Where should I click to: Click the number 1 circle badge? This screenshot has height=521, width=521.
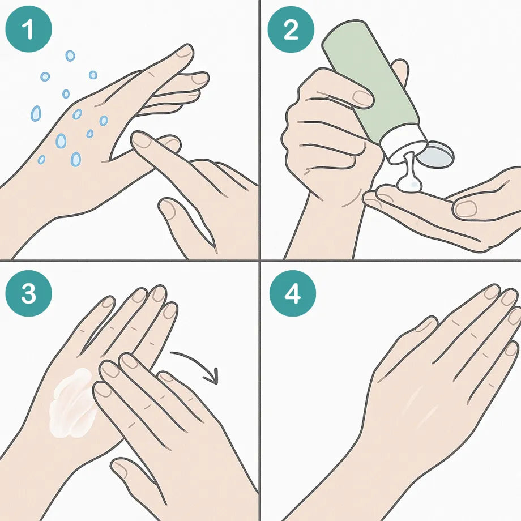pos(28,29)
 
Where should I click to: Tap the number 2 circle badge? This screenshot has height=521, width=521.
pos(291,29)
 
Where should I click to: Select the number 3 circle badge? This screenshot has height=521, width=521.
pos(28,293)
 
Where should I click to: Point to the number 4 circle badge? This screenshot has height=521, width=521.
pos(292,293)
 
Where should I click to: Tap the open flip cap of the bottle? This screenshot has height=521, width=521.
pos(435,153)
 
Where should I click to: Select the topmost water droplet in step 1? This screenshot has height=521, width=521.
pos(70,56)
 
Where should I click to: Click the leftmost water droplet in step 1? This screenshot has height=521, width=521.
pos(36,113)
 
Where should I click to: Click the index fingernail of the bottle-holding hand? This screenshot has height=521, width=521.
pos(362,98)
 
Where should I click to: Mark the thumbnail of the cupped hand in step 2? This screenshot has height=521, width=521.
pos(466,209)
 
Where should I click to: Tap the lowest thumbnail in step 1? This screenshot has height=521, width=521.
pos(168,209)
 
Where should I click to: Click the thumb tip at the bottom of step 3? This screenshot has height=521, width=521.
pos(120,468)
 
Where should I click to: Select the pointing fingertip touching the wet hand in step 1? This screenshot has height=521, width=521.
pos(140,139)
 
